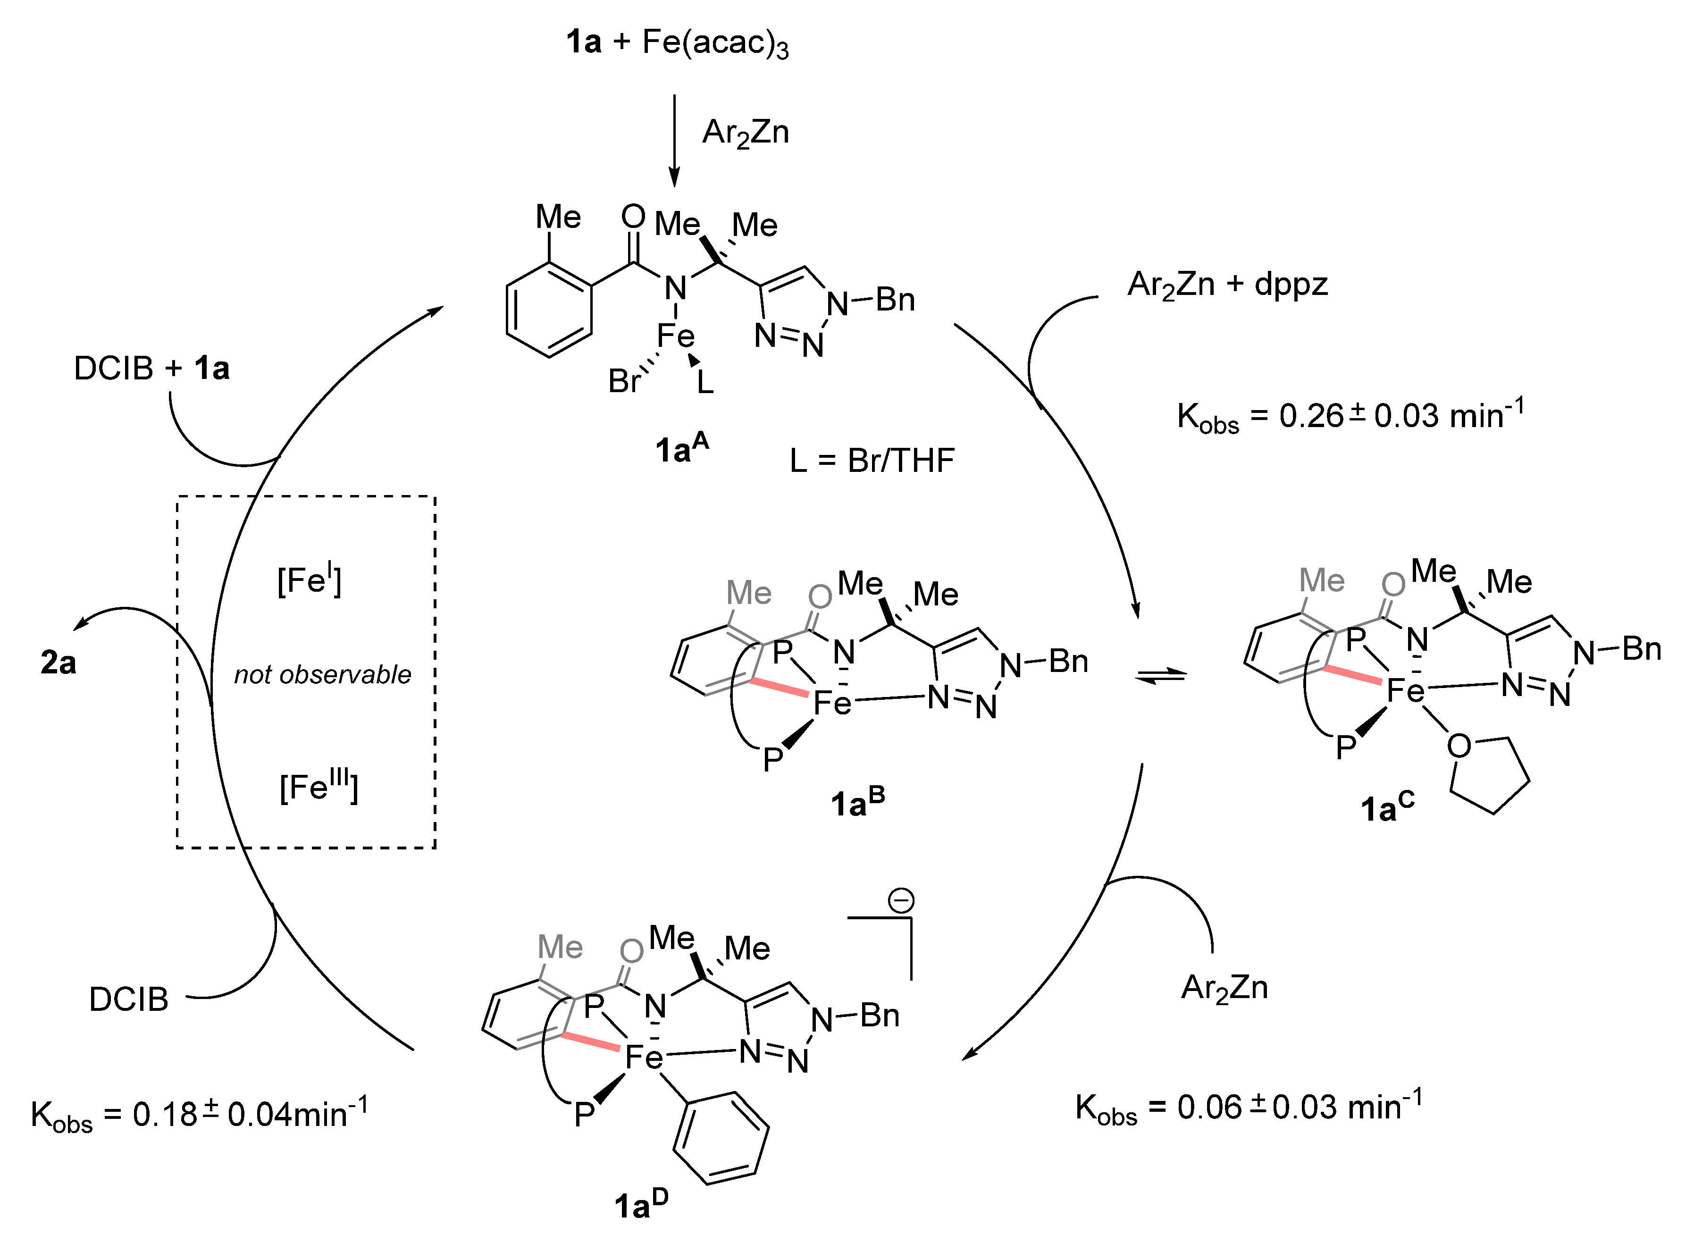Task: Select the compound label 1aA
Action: pyautogui.click(x=681, y=448)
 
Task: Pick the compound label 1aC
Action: pyautogui.click(x=1386, y=807)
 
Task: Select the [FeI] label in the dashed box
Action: pyautogui.click(x=309, y=581)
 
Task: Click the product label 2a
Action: pyautogui.click(x=59, y=663)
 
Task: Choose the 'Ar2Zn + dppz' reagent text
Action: pyautogui.click(x=1227, y=285)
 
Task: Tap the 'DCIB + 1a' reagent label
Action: pyautogui.click(x=151, y=369)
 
